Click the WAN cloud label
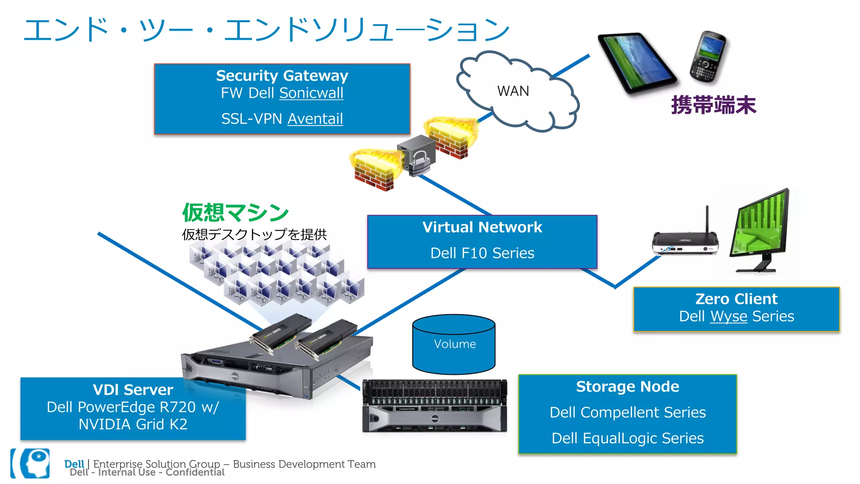tap(513, 91)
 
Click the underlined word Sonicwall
tap(311, 93)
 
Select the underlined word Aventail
tap(315, 119)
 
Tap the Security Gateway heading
tap(282, 76)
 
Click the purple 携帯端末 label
tap(713, 105)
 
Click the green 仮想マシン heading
tap(235, 212)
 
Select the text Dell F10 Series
tap(482, 253)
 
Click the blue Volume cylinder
tap(454, 344)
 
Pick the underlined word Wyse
tap(729, 316)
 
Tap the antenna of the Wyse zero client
tap(707, 218)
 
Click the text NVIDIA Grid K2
tap(133, 424)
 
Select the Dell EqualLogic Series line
tap(627, 438)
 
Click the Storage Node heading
tap(627, 387)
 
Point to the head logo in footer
tap(35, 463)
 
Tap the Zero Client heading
tap(736, 299)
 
